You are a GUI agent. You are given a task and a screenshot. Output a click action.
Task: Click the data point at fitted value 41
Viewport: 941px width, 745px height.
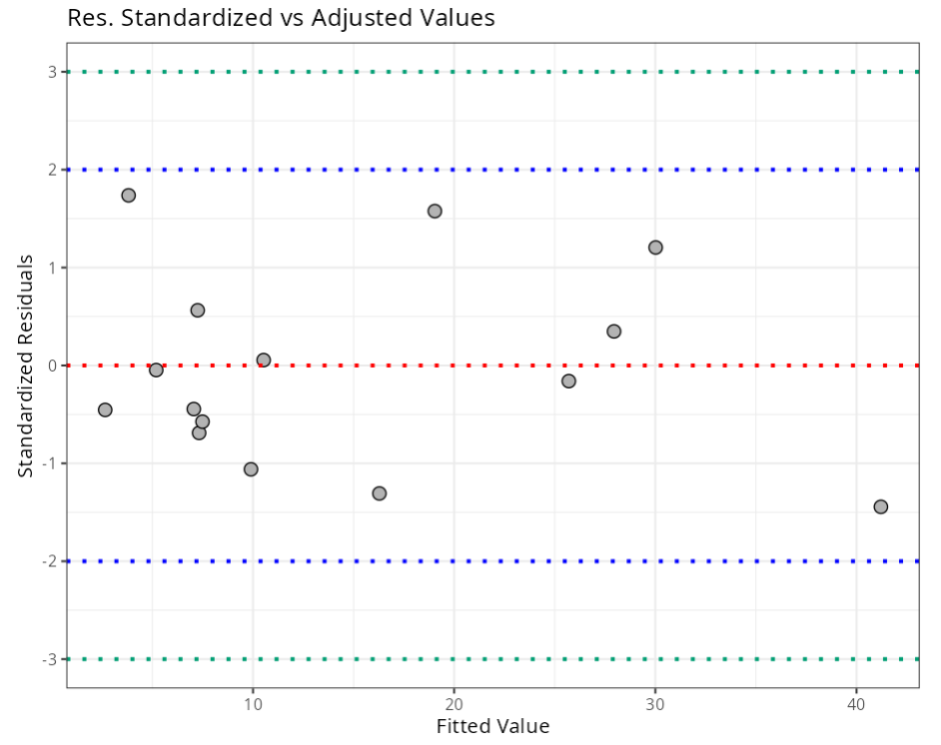[880, 506]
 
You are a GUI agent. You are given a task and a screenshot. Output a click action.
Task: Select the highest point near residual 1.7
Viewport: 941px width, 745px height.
[128, 195]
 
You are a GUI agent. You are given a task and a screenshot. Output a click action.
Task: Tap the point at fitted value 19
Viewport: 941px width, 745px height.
[435, 211]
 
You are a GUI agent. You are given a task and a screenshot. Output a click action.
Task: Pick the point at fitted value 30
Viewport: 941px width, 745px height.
[655, 247]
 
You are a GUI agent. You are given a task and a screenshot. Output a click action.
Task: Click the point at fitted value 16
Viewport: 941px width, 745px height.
[379, 493]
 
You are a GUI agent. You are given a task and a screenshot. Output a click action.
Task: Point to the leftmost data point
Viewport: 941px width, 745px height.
[105, 409]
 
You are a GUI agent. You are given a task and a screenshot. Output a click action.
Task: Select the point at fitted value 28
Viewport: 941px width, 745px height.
[613, 332]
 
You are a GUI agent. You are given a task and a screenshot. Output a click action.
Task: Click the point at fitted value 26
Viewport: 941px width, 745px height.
[568, 380]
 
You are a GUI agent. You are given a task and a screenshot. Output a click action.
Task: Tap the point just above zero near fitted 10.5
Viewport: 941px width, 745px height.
[263, 360]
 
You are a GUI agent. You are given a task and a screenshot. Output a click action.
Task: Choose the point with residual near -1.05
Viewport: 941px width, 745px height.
[251, 469]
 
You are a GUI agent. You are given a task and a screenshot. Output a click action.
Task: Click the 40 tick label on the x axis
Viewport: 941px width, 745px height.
[856, 702]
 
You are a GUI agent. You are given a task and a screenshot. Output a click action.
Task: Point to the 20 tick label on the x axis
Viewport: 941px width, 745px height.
[454, 702]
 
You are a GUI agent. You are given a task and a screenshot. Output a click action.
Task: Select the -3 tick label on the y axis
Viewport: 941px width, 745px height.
[49, 659]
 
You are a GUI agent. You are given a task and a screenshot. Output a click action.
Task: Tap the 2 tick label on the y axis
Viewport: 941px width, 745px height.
[52, 170]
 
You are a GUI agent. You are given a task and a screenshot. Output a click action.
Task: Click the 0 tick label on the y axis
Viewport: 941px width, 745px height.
[52, 366]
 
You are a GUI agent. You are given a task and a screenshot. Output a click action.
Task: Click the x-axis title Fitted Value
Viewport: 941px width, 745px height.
[492, 726]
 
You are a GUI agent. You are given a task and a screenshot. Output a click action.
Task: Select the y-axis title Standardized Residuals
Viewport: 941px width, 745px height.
[26, 366]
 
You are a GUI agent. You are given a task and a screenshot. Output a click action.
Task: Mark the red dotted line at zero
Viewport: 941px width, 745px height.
[599, 366]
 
